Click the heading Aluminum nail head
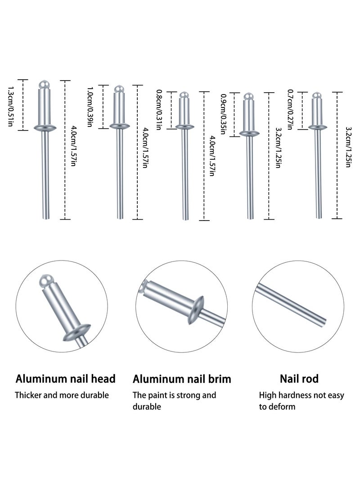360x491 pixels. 66,378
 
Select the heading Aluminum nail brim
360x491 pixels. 182,379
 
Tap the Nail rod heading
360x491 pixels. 298,378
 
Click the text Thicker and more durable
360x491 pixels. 62,396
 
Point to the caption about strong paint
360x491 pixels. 174,401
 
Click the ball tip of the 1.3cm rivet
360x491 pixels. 44,84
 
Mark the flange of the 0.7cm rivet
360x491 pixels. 318,127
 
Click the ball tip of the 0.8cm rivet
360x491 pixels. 183,95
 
